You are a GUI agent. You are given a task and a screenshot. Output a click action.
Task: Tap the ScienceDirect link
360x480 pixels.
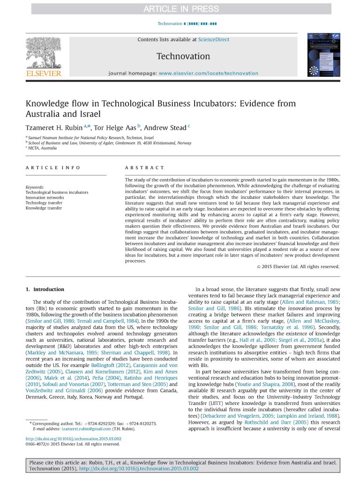click(x=214, y=39)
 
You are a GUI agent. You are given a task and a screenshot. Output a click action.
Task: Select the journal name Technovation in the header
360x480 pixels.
click(x=183, y=56)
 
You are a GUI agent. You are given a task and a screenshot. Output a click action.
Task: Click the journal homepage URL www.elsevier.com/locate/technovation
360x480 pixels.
click(x=208, y=73)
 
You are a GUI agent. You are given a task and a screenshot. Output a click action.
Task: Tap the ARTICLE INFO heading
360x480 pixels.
click(x=52, y=167)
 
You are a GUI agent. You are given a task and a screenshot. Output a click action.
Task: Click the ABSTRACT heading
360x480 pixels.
click(x=144, y=167)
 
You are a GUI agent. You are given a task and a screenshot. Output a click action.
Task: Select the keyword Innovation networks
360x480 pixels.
click(x=45, y=197)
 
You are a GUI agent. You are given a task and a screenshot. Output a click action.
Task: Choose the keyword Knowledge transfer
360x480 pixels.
click(x=44, y=208)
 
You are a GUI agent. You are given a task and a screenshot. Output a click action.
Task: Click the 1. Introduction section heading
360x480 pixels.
click(x=45, y=289)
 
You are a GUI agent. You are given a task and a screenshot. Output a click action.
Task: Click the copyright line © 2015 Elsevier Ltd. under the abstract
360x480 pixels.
click(x=298, y=267)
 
